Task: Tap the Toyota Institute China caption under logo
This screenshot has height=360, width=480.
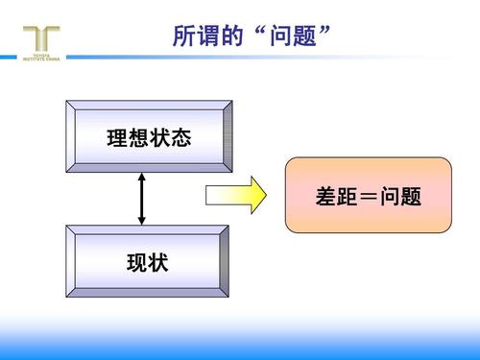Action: coord(41,59)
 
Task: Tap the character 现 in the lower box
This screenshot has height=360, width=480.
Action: coord(137,262)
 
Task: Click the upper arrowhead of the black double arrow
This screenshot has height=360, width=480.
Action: coord(142,178)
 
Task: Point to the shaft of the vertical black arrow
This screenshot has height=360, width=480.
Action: coord(142,200)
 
